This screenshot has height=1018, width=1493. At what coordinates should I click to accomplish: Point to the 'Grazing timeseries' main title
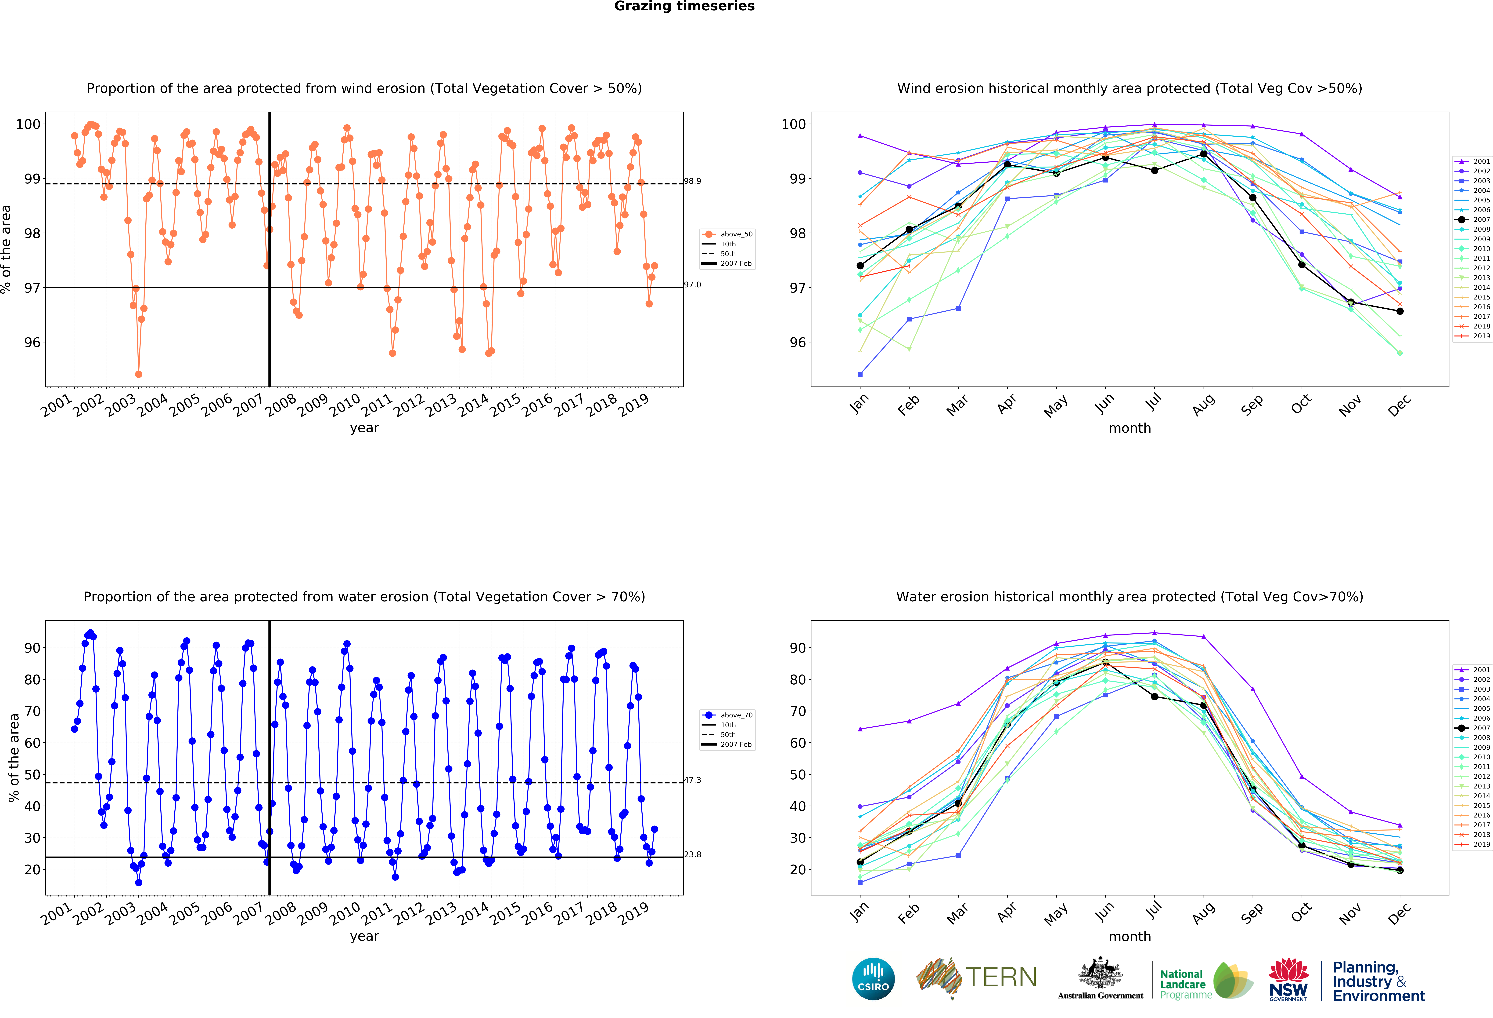(684, 6)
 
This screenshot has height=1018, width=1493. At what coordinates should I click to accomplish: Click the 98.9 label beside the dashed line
(693, 181)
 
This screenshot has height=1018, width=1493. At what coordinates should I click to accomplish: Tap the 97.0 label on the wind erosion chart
(693, 285)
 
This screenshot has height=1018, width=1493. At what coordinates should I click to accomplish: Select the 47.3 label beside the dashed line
(693, 780)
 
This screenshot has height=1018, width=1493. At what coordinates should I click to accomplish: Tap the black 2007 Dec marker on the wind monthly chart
(1400, 311)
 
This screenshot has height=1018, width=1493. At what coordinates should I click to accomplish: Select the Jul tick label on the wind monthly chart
(1154, 402)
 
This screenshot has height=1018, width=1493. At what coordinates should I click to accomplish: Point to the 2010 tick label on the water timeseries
(345, 913)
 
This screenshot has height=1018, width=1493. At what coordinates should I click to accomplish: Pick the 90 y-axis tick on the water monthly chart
(797, 648)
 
